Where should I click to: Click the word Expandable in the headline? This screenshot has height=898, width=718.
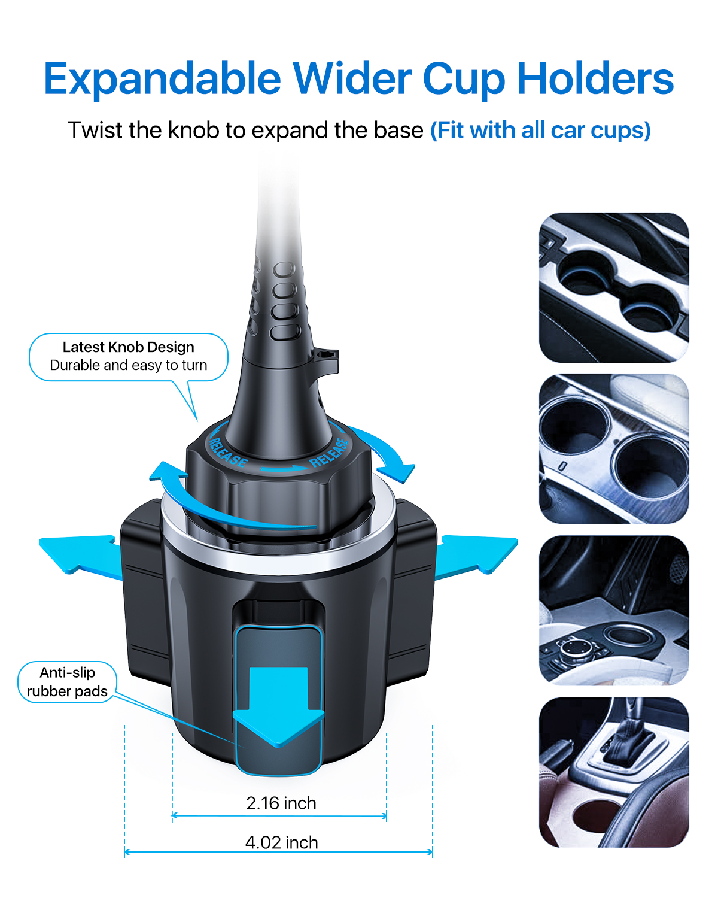[x=162, y=79]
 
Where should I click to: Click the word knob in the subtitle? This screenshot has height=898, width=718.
[x=193, y=130]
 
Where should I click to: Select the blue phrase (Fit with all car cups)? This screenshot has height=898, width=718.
[x=540, y=131]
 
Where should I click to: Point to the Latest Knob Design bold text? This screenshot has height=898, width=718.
[x=129, y=347]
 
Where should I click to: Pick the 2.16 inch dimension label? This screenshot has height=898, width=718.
[x=281, y=803]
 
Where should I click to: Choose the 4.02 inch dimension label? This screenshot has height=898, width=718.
[x=282, y=842]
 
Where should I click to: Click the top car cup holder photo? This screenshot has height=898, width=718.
[x=614, y=287]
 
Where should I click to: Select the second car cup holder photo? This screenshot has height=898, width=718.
[x=614, y=448]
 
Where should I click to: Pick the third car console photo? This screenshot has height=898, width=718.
[x=614, y=610]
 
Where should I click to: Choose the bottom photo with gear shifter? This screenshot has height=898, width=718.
[x=614, y=772]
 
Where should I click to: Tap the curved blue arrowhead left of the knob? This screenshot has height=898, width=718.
[x=168, y=472]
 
